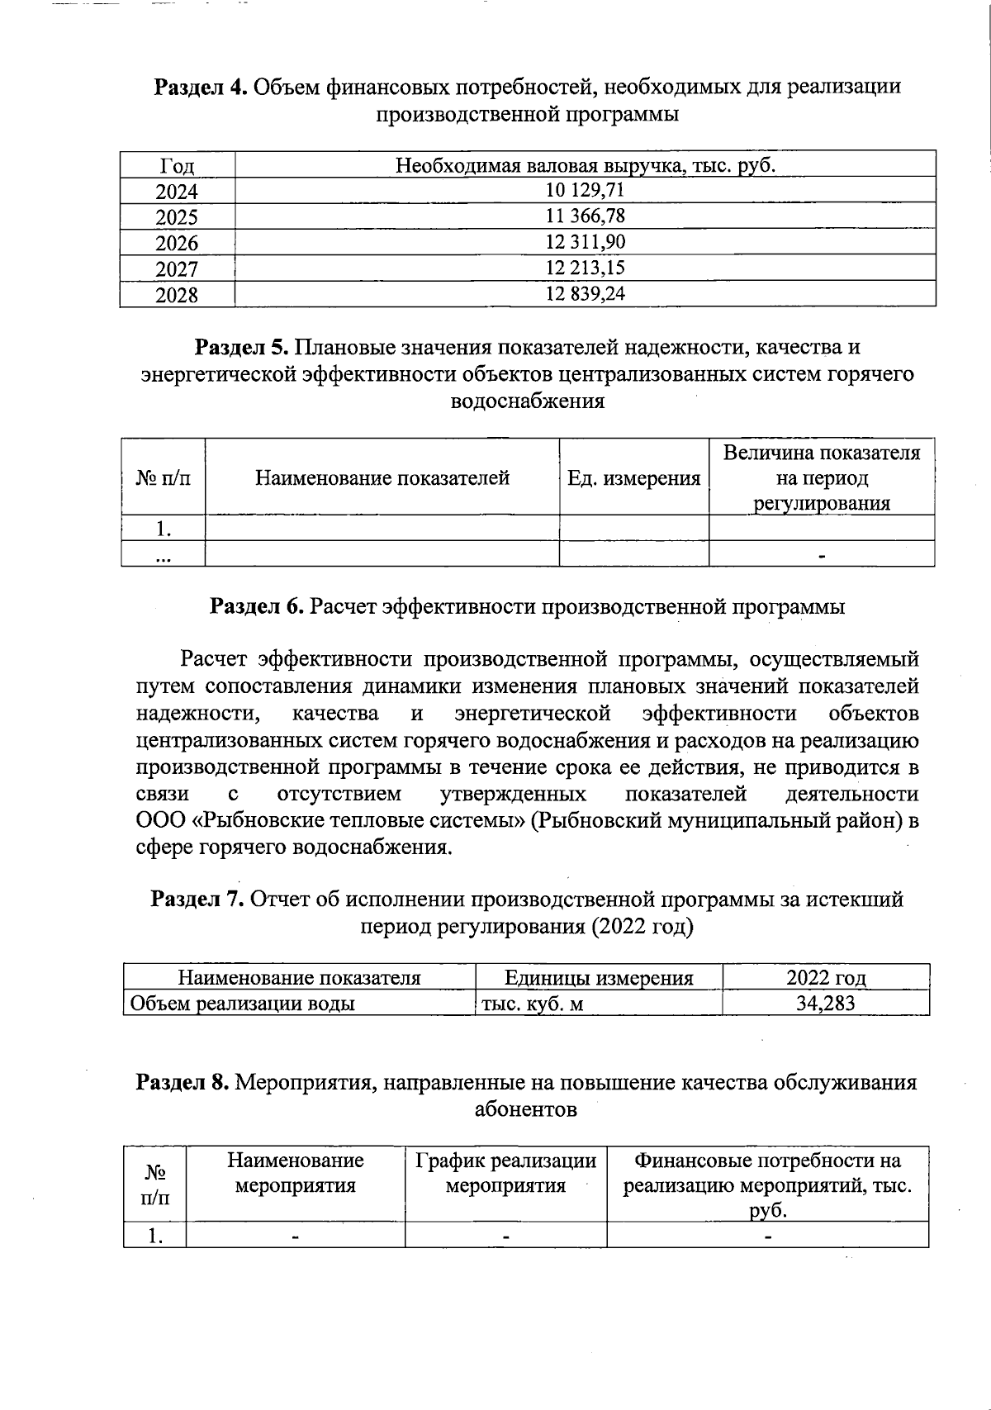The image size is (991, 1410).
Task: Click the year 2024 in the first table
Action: tap(177, 192)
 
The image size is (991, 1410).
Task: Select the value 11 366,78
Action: tap(585, 216)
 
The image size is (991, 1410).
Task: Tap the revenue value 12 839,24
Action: tap(585, 293)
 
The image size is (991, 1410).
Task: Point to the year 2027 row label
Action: tap(177, 268)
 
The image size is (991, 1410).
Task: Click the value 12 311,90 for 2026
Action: tap(585, 242)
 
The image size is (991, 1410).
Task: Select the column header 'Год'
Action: tap(177, 166)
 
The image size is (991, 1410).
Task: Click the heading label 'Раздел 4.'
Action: tap(202, 87)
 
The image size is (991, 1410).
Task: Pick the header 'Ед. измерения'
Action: tap(633, 478)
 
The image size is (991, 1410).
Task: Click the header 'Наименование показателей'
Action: tap(382, 478)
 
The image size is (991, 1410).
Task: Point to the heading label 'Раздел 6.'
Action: tap(258, 607)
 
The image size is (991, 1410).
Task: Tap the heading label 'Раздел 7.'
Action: tap(197, 900)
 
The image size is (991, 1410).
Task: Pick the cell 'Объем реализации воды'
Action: tap(240, 1004)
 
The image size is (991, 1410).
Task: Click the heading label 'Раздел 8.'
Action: tap(183, 1082)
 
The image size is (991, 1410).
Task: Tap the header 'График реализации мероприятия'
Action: tap(505, 1174)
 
